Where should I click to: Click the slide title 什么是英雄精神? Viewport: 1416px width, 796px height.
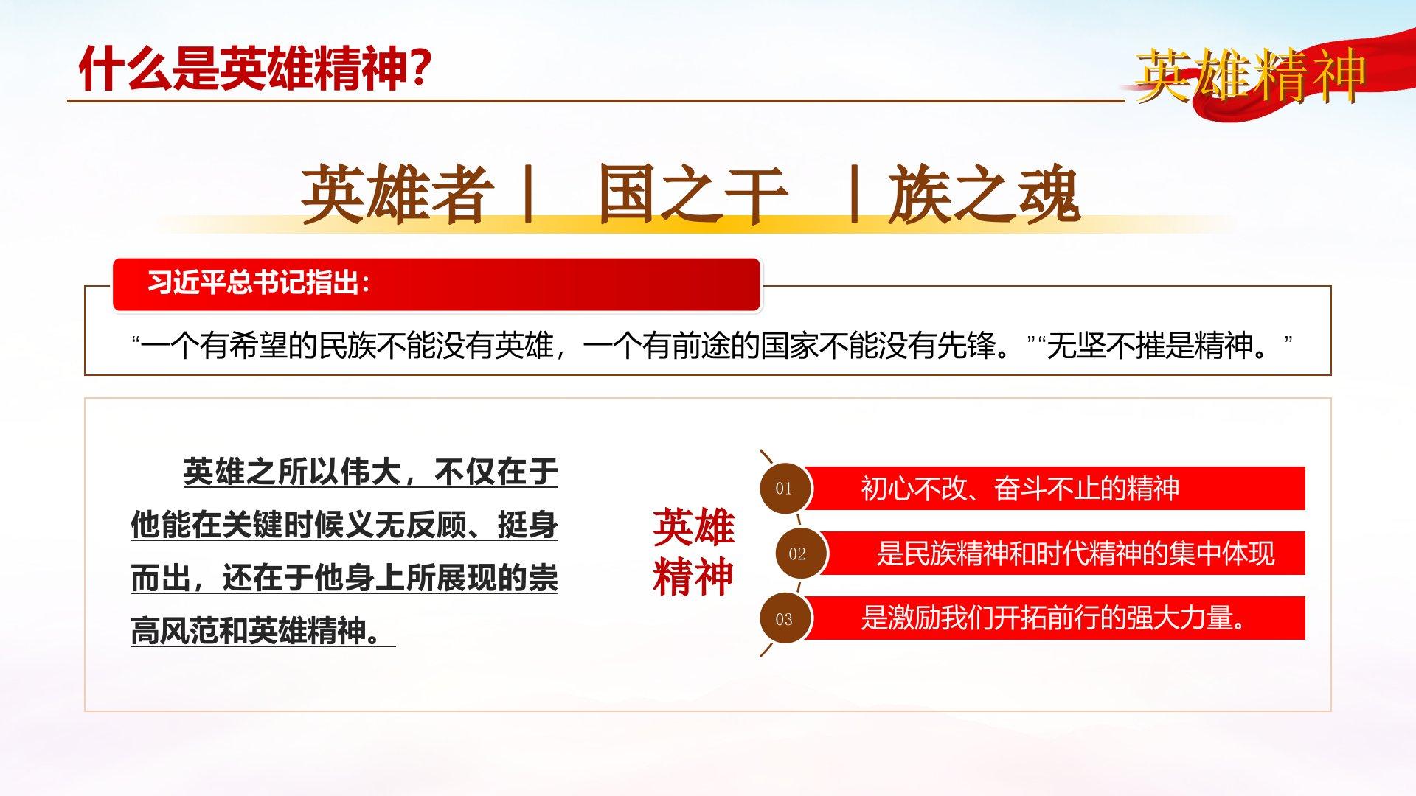pos(254,69)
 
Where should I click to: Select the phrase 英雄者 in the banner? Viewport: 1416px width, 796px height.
pos(398,194)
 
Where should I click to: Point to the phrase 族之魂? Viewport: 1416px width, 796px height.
pos(985,194)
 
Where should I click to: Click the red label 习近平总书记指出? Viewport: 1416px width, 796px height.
pos(259,282)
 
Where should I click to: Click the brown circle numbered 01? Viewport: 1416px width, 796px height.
pos(784,488)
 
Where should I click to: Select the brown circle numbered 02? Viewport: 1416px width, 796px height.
pos(798,553)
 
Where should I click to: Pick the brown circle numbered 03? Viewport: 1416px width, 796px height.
pos(784,618)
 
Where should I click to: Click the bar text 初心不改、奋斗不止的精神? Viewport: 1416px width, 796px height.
pos(1020,488)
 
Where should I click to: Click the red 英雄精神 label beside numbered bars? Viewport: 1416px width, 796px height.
pos(693,551)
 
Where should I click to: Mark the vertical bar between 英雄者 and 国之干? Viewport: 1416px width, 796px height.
pos(527,194)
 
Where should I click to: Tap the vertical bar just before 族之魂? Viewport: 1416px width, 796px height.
pos(854,194)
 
